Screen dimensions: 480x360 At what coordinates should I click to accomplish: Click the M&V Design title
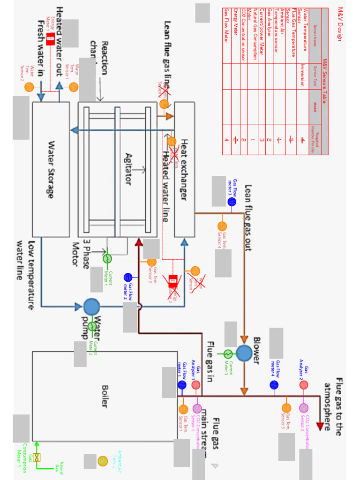[341, 24]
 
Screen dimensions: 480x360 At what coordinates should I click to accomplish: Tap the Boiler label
[105, 397]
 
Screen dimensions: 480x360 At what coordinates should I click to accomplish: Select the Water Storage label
[50, 169]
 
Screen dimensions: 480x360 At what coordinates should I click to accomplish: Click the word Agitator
[128, 168]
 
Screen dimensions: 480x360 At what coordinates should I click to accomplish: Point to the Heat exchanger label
[184, 169]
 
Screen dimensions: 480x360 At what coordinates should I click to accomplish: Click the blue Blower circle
[244, 353]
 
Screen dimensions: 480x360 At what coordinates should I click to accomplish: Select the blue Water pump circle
[91, 307]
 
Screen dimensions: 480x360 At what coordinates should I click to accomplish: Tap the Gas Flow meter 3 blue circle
[232, 202]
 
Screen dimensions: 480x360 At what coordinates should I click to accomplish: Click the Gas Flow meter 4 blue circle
[274, 385]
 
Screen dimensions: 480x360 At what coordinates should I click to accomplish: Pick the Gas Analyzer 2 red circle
[304, 385]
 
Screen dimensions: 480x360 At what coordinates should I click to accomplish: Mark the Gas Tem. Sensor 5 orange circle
[286, 408]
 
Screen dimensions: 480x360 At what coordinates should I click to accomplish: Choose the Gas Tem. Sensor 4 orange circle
[222, 226]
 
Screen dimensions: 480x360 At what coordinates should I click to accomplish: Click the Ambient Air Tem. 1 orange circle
[103, 461]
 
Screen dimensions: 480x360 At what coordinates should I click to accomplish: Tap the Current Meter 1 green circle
[107, 258]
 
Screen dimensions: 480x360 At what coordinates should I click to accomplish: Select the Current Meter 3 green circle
[228, 353]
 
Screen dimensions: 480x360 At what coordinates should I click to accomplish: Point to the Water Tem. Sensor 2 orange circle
[29, 87]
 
